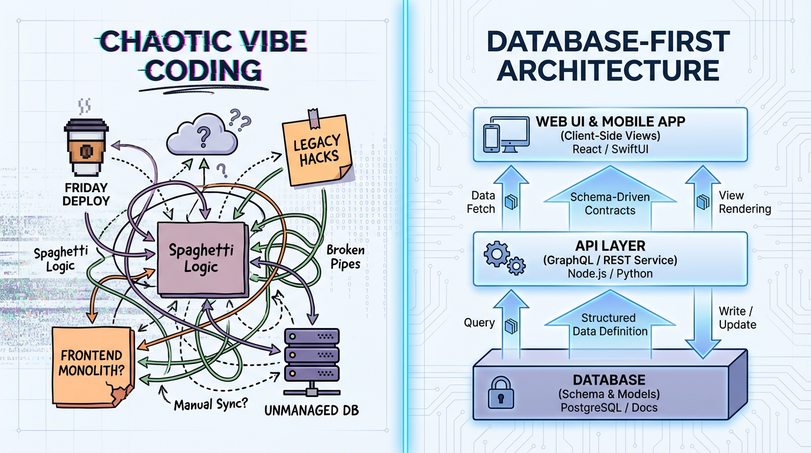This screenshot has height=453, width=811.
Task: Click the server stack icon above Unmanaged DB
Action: coord(312,354)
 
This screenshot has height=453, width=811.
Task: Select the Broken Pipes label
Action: coord(345,257)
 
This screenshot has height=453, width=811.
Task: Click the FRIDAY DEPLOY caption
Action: coord(87,194)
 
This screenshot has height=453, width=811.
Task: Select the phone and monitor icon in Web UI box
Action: coord(506,133)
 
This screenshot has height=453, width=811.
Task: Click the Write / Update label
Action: coord(737,318)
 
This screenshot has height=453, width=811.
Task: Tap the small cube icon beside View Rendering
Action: coord(702,202)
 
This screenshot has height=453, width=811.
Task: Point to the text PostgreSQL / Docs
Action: coord(609,408)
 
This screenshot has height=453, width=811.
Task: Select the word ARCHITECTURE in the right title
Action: coord(609,70)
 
